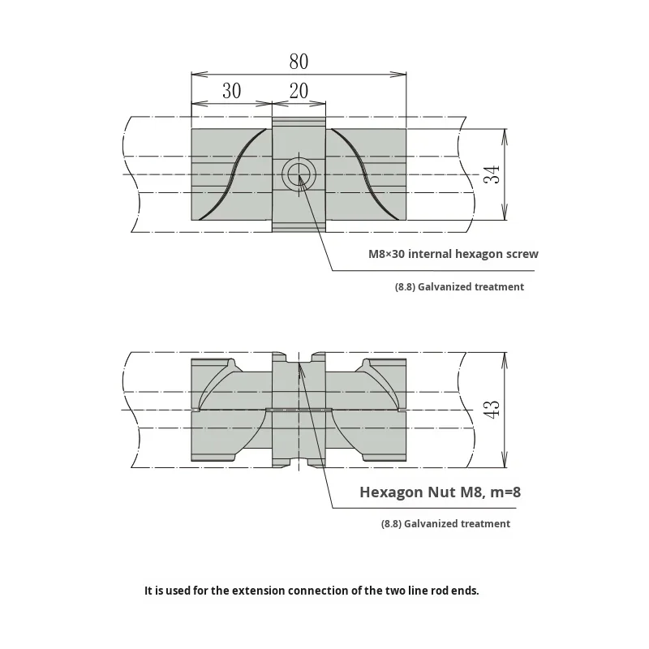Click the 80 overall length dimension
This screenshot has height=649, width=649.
click(x=299, y=62)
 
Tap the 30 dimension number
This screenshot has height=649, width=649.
click(x=231, y=91)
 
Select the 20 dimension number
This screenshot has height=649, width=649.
click(x=299, y=91)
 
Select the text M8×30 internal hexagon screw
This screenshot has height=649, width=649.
click(x=453, y=254)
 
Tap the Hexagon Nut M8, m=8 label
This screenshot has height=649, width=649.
click(x=446, y=492)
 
